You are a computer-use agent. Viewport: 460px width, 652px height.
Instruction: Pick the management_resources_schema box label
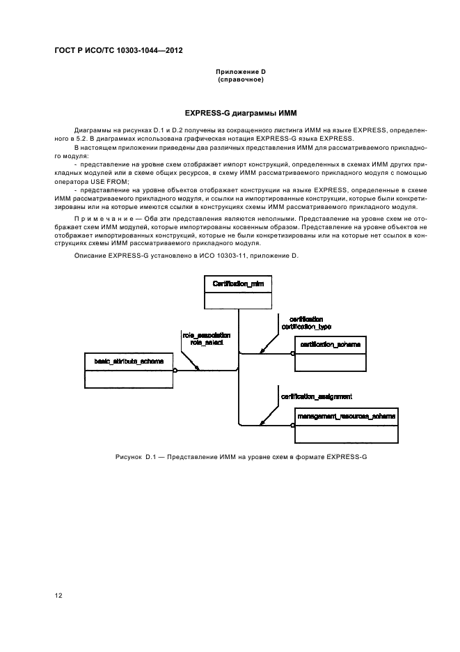[346, 416]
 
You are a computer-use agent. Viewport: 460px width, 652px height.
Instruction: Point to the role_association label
[206, 335]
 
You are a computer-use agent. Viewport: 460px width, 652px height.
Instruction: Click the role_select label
[206, 343]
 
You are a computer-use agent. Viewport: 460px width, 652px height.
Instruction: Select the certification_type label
[306, 326]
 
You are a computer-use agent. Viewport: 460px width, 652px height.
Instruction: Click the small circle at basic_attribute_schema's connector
[175, 371]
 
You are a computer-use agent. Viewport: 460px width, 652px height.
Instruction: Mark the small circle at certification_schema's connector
[293, 354]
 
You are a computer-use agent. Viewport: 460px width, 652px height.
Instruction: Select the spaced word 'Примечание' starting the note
[100, 217]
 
